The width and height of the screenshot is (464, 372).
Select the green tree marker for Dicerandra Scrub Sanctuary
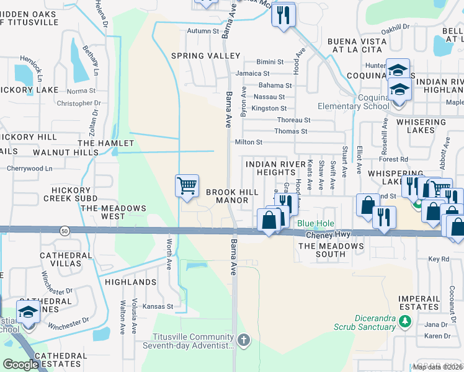click(x=405, y=321)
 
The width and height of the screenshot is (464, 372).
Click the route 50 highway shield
click(x=65, y=231)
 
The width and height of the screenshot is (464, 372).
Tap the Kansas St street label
click(x=158, y=306)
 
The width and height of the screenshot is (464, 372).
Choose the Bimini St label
click(x=270, y=62)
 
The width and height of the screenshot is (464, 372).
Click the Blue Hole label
click(x=316, y=223)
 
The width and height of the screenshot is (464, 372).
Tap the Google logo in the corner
click(x=20, y=365)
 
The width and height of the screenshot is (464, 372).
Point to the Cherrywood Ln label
click(x=29, y=168)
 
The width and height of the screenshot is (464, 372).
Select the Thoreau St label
click(x=293, y=120)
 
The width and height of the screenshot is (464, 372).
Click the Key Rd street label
click(x=438, y=259)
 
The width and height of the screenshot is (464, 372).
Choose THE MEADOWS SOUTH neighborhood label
click(x=331, y=246)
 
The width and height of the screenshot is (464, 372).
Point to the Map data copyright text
click(x=437, y=367)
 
